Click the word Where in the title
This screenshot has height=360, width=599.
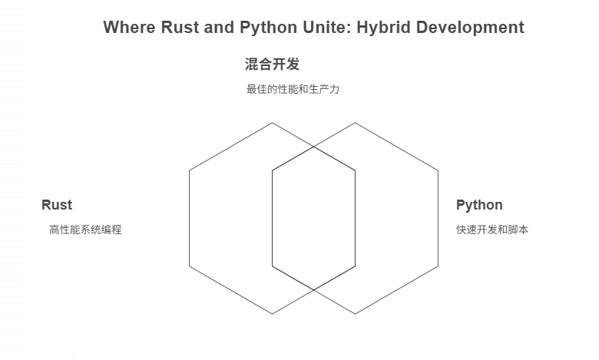tap(127, 28)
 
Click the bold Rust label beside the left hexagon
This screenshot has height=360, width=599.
tap(57, 205)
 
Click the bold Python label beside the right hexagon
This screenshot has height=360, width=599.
tap(479, 205)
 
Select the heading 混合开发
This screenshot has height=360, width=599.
tap(272, 64)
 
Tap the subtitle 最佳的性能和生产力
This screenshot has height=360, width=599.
tap(293, 89)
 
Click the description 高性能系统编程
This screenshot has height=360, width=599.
tap(85, 230)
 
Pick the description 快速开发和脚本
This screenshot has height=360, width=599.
tap(492, 230)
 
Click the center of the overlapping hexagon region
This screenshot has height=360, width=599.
tap(313, 218)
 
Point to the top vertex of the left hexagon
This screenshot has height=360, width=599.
tap(273, 123)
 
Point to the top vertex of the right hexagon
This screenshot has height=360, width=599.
tap(355, 123)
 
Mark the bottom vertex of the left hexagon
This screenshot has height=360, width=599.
tap(273, 314)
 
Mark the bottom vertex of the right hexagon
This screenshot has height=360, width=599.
tap(355, 314)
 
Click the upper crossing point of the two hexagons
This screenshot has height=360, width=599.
tap(313, 146)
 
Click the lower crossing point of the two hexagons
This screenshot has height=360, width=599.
tap(313, 290)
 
